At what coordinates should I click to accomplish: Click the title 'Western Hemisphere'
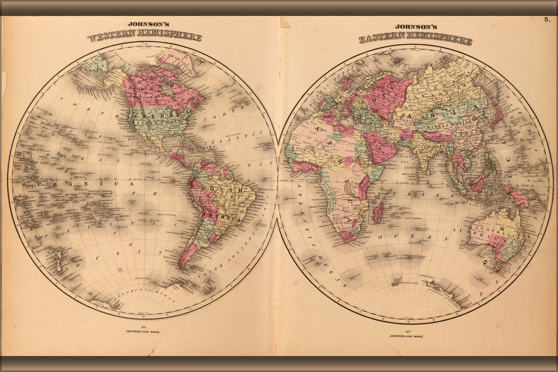pyautogui.click(x=145, y=37)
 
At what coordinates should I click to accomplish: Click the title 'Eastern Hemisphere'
pyautogui.click(x=415, y=39)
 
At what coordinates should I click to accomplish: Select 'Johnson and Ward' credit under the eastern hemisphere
pyautogui.click(x=408, y=335)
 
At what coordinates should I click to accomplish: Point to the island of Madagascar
pyautogui.click(x=378, y=212)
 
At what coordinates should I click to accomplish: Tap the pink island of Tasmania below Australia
pyautogui.click(x=496, y=268)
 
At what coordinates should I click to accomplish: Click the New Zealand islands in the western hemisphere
pyautogui.click(x=59, y=260)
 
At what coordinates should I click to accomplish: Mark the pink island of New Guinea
pyautogui.click(x=518, y=198)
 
